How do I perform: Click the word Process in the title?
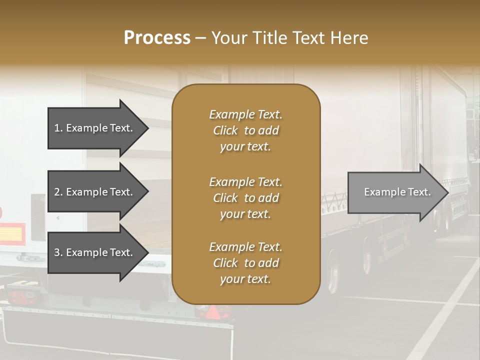point(157,38)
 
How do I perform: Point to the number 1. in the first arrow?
point(58,128)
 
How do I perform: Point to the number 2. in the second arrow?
point(58,192)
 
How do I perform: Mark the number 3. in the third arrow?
point(58,252)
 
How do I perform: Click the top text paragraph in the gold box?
point(245,130)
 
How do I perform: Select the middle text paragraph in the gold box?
point(245,198)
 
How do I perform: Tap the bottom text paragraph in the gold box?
point(245,263)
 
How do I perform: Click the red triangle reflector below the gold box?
point(213,312)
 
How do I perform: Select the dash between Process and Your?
point(200,38)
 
